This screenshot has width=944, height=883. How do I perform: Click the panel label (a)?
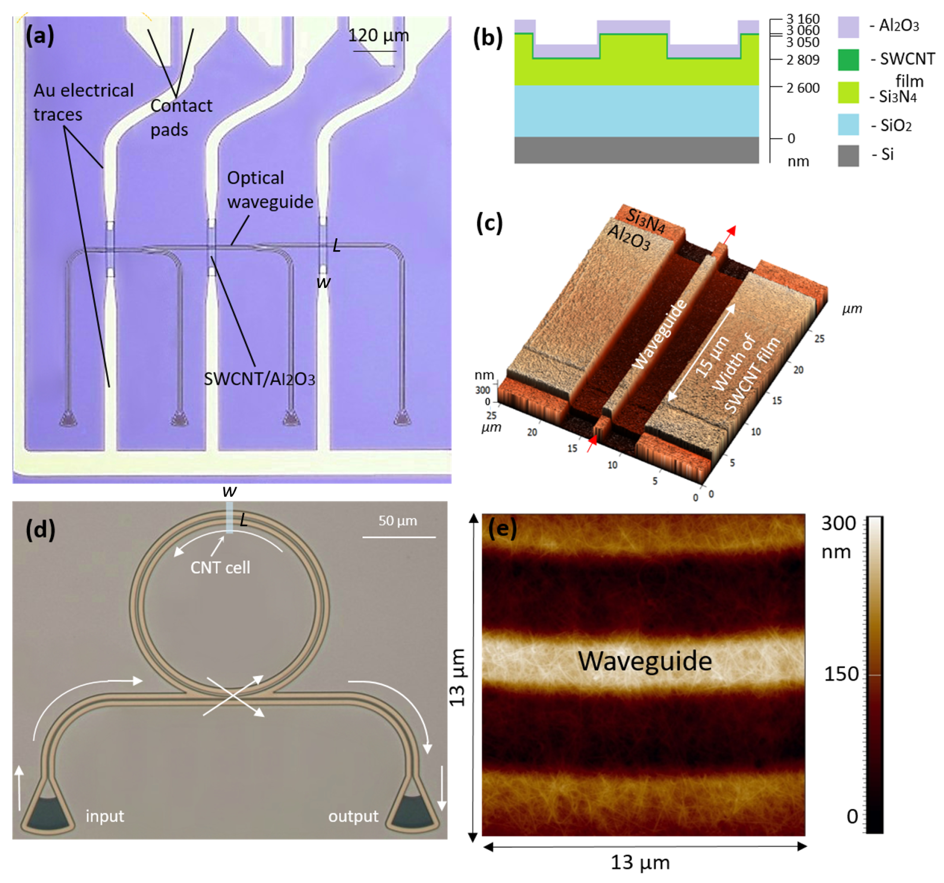[x=40, y=36]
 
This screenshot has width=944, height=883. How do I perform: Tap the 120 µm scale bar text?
[x=379, y=35]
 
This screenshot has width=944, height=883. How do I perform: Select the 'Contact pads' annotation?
[x=181, y=117]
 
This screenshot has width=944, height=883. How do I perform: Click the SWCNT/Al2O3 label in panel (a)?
[x=259, y=379]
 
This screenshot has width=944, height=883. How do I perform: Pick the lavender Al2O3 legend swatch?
[x=848, y=27]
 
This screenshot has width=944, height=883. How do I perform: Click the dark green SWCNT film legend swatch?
[x=848, y=60]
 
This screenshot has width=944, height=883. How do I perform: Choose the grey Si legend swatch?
[x=848, y=155]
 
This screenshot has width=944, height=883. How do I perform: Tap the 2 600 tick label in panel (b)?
[x=803, y=88]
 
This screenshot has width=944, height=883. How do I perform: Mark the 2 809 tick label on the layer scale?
[x=803, y=60]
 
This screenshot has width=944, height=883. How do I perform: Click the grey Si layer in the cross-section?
[x=636, y=150]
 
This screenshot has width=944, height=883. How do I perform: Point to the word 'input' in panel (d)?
[x=104, y=816]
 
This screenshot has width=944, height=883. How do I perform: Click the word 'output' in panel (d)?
[x=353, y=816]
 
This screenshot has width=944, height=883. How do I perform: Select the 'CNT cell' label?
[x=220, y=567]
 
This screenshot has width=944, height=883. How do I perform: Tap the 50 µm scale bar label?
[x=398, y=521]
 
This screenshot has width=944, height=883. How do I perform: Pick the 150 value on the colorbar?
[x=841, y=674]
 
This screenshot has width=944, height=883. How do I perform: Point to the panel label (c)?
[x=489, y=223]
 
